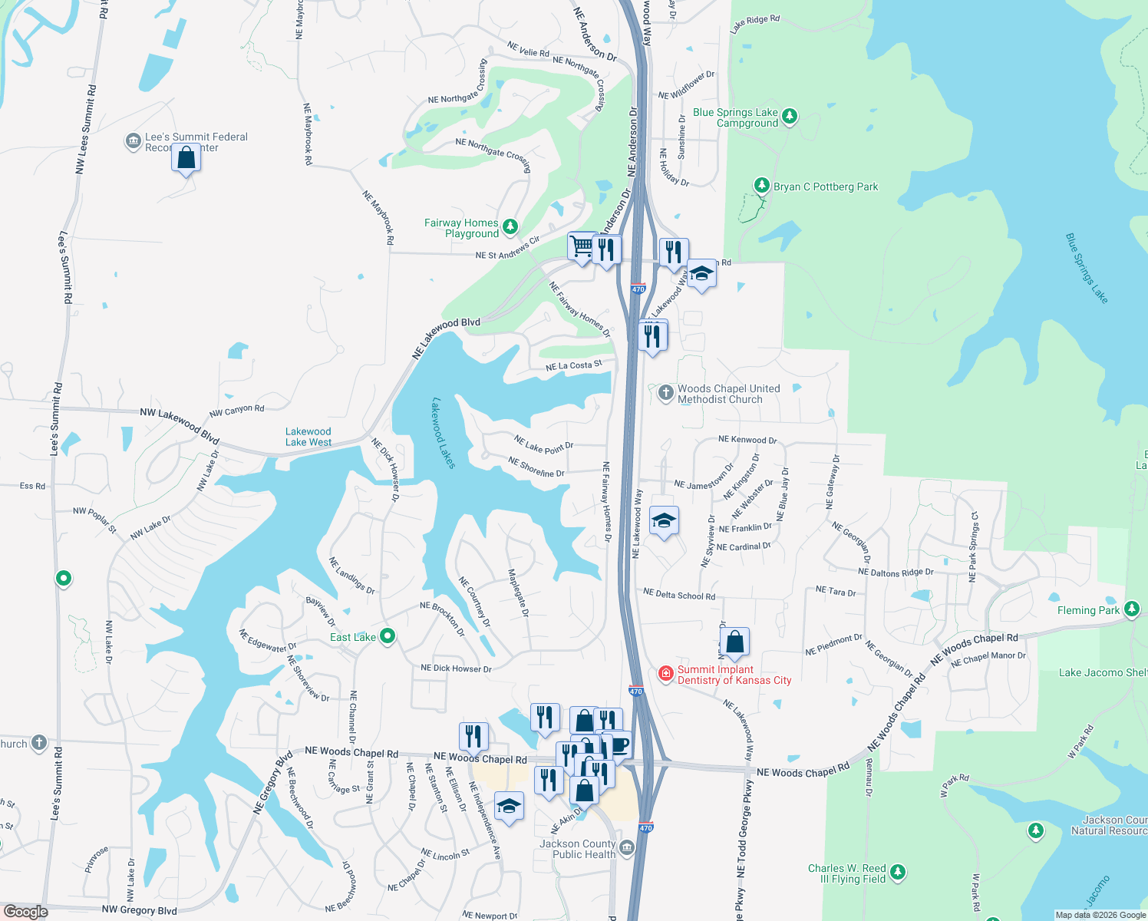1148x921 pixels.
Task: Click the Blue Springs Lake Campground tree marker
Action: (x=790, y=117)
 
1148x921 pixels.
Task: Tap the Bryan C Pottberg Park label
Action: (x=826, y=187)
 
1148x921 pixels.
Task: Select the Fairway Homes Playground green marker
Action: (x=510, y=226)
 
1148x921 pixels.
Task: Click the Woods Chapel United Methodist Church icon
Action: (x=665, y=393)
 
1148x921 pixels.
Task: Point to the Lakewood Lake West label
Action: (x=308, y=437)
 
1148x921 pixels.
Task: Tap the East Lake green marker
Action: (x=388, y=636)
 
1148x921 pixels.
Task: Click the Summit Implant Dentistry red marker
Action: (x=665, y=674)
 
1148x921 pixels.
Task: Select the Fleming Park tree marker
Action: (x=1131, y=609)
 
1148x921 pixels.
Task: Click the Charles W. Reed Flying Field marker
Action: (x=898, y=873)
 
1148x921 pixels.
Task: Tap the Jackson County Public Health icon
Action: (x=627, y=847)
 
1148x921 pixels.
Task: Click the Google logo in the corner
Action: (x=25, y=912)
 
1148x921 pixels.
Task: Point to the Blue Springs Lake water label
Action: (x=1087, y=269)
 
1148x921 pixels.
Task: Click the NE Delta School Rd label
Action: (x=679, y=595)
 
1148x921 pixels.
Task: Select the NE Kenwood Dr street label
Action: (x=747, y=440)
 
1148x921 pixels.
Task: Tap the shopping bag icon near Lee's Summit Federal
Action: (x=186, y=158)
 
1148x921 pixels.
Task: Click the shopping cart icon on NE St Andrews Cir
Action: (x=582, y=247)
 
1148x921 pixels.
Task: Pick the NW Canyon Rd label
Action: (x=236, y=411)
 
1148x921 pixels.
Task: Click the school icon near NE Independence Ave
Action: (x=508, y=807)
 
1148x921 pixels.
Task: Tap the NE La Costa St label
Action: (x=574, y=366)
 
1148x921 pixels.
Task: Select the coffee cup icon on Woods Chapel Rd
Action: (x=619, y=744)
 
